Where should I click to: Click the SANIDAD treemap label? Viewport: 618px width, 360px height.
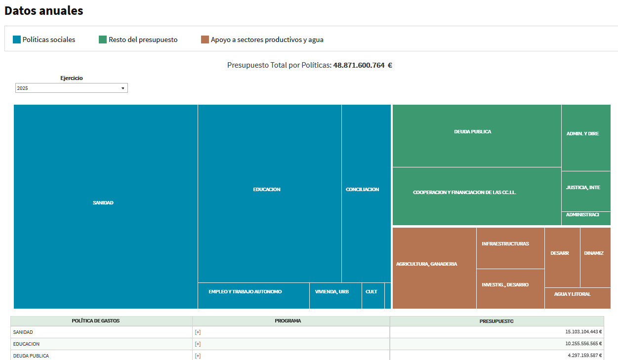click(x=103, y=203)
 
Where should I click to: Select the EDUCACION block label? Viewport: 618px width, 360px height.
click(x=267, y=190)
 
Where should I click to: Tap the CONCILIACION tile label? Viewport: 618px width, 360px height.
click(x=363, y=190)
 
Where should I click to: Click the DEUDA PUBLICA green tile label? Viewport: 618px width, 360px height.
click(x=473, y=132)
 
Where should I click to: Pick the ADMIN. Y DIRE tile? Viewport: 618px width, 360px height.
click(x=583, y=134)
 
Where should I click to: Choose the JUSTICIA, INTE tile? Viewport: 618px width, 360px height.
click(x=583, y=188)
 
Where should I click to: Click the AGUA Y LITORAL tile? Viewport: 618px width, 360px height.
click(x=572, y=294)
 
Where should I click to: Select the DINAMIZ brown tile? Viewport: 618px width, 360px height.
click(x=594, y=253)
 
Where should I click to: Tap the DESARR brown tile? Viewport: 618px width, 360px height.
click(x=560, y=253)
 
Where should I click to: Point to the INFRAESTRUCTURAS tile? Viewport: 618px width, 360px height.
click(x=505, y=244)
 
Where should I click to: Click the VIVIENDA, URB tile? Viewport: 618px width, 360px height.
click(x=332, y=292)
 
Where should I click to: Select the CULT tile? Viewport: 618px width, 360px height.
click(x=371, y=292)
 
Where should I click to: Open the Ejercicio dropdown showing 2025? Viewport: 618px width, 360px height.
click(x=72, y=88)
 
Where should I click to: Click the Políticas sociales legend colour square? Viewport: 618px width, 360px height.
click(x=17, y=40)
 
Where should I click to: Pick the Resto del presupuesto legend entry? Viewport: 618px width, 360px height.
click(x=143, y=40)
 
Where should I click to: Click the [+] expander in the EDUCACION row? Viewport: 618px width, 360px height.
click(x=198, y=344)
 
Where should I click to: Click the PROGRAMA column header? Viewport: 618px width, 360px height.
click(x=288, y=321)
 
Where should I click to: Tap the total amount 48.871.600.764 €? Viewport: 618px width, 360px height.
click(x=363, y=65)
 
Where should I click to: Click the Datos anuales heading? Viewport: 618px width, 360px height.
click(x=43, y=11)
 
